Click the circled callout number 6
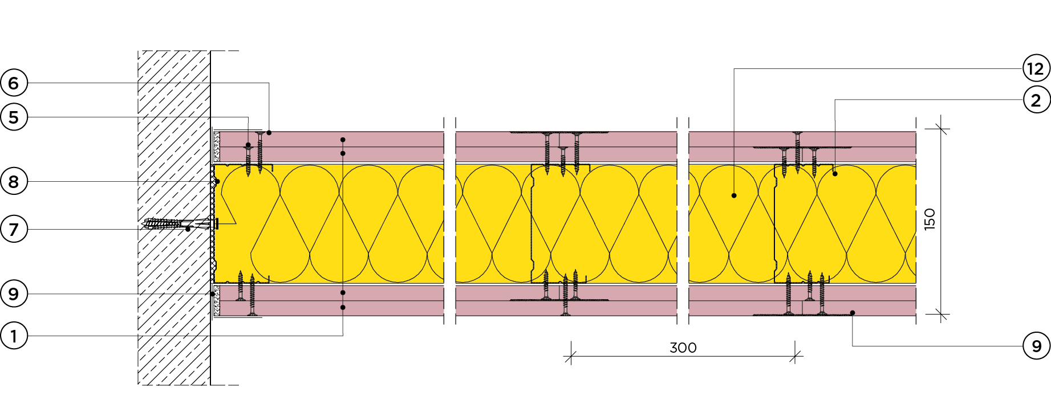pos(14,83)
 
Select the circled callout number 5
pos(14,117)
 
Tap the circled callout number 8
pos(14,182)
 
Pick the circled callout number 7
pos(14,230)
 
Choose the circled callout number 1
pos(14,336)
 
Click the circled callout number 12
pos(1036,69)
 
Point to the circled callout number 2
pos(1036,100)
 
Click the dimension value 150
pos(930,219)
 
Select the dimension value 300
pos(683,348)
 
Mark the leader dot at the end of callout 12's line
pos(734,195)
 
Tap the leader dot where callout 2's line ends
pos(835,173)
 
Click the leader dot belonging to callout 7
pos(188,229)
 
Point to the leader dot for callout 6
pos(269,133)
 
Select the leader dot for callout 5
pos(248,145)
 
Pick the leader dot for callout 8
pos(217,182)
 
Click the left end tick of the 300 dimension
pos(571,357)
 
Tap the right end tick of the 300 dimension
pos(796,357)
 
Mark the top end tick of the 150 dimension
pos(941,129)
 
